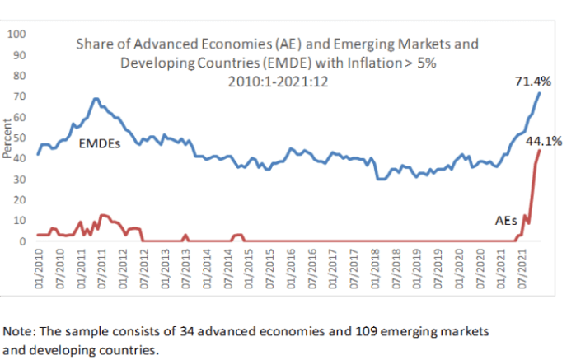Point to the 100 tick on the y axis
[17, 35]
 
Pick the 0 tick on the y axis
[22, 241]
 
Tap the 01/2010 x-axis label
[38, 268]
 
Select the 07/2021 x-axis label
[524, 268]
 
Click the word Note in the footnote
[17, 331]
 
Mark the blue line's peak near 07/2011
[96, 99]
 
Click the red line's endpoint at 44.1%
[540, 150]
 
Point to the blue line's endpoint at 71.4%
[540, 92]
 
